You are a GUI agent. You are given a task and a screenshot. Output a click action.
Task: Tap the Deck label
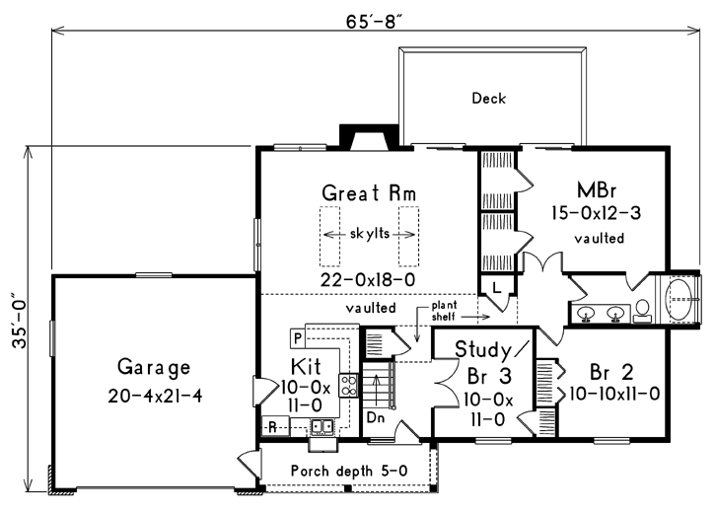[x=488, y=98]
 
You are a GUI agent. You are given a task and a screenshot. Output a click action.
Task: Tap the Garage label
[x=153, y=367]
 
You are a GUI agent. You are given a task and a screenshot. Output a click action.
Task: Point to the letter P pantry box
[x=296, y=337]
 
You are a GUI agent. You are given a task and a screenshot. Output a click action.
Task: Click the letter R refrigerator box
[x=271, y=426]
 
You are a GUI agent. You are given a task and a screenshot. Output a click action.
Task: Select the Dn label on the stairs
[x=375, y=418]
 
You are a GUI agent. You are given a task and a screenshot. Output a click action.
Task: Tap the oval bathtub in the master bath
[x=681, y=295]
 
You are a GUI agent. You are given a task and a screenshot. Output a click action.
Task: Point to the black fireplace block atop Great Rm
[x=352, y=135]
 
